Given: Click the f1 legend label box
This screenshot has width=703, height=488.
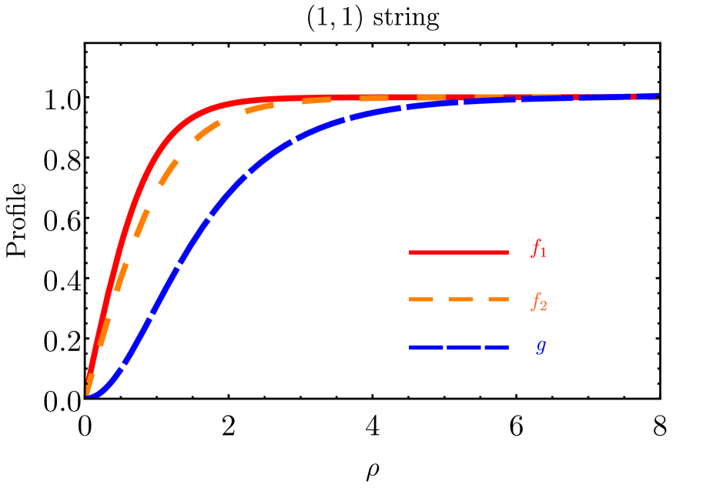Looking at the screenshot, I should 538,249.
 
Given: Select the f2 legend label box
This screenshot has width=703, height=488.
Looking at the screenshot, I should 538,302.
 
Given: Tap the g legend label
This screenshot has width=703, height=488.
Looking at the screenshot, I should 537,347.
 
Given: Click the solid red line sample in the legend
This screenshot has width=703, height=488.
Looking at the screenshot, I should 458,252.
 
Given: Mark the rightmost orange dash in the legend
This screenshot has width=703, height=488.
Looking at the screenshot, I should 497,299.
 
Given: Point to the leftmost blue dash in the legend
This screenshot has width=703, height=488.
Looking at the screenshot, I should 426,348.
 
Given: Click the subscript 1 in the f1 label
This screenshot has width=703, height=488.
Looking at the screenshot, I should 543,253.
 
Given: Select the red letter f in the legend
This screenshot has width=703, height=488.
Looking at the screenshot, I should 534,247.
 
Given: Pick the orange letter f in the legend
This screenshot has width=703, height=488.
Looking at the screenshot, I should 534,300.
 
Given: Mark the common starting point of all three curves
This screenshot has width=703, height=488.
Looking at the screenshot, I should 89,395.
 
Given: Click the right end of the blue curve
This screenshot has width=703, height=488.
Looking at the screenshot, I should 657,95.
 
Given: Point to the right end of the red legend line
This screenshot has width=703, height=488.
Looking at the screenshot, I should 507,252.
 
